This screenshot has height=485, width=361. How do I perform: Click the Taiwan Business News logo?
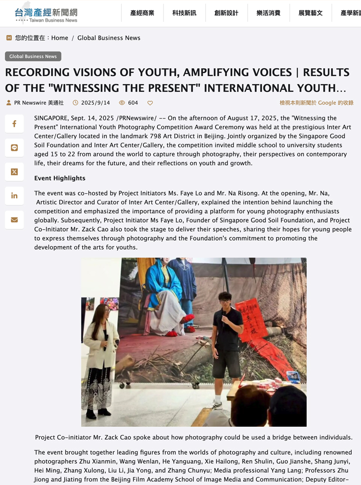(46, 14)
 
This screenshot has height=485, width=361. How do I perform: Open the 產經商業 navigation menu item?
(142, 13)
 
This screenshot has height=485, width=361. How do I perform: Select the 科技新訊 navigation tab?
(184, 13)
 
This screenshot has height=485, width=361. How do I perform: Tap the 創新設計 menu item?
(226, 13)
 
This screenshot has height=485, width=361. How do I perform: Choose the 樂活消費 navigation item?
(269, 13)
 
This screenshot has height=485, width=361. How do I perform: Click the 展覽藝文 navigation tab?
(310, 13)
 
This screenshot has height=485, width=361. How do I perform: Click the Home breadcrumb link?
(60, 38)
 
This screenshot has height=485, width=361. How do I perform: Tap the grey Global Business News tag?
(33, 56)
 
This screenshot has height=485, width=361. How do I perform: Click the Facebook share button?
(14, 124)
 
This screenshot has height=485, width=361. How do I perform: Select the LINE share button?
(14, 148)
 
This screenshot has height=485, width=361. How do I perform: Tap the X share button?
(14, 172)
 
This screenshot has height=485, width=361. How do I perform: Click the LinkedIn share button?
(14, 196)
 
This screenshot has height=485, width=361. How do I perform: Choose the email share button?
(14, 220)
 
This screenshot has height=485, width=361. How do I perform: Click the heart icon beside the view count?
(150, 103)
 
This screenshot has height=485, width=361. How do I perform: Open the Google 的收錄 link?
(316, 103)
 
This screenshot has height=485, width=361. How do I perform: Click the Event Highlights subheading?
(60, 178)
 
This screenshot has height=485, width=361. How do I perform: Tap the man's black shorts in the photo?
(226, 364)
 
